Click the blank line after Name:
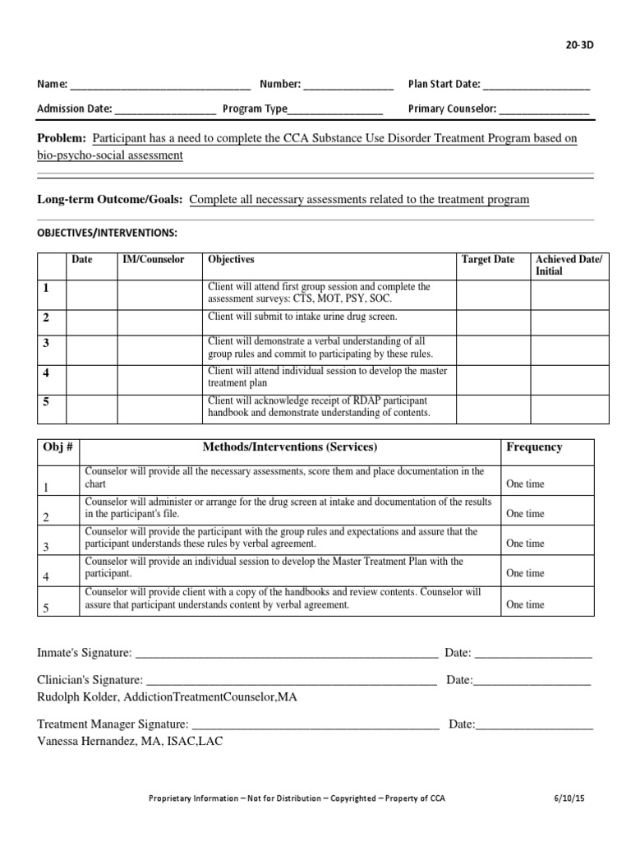coord(160,85)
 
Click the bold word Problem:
coord(62,139)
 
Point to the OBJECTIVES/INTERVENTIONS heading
coord(107,233)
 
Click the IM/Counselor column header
coord(154,260)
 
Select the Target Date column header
coord(487,260)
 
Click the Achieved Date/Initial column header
coord(569,265)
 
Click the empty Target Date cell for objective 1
coord(492,294)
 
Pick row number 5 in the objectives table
coord(47,402)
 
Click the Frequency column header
coord(534,447)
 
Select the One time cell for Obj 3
coord(525,544)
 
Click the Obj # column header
coord(58,447)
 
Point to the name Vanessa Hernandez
coord(88,740)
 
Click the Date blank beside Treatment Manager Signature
coord(534,725)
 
